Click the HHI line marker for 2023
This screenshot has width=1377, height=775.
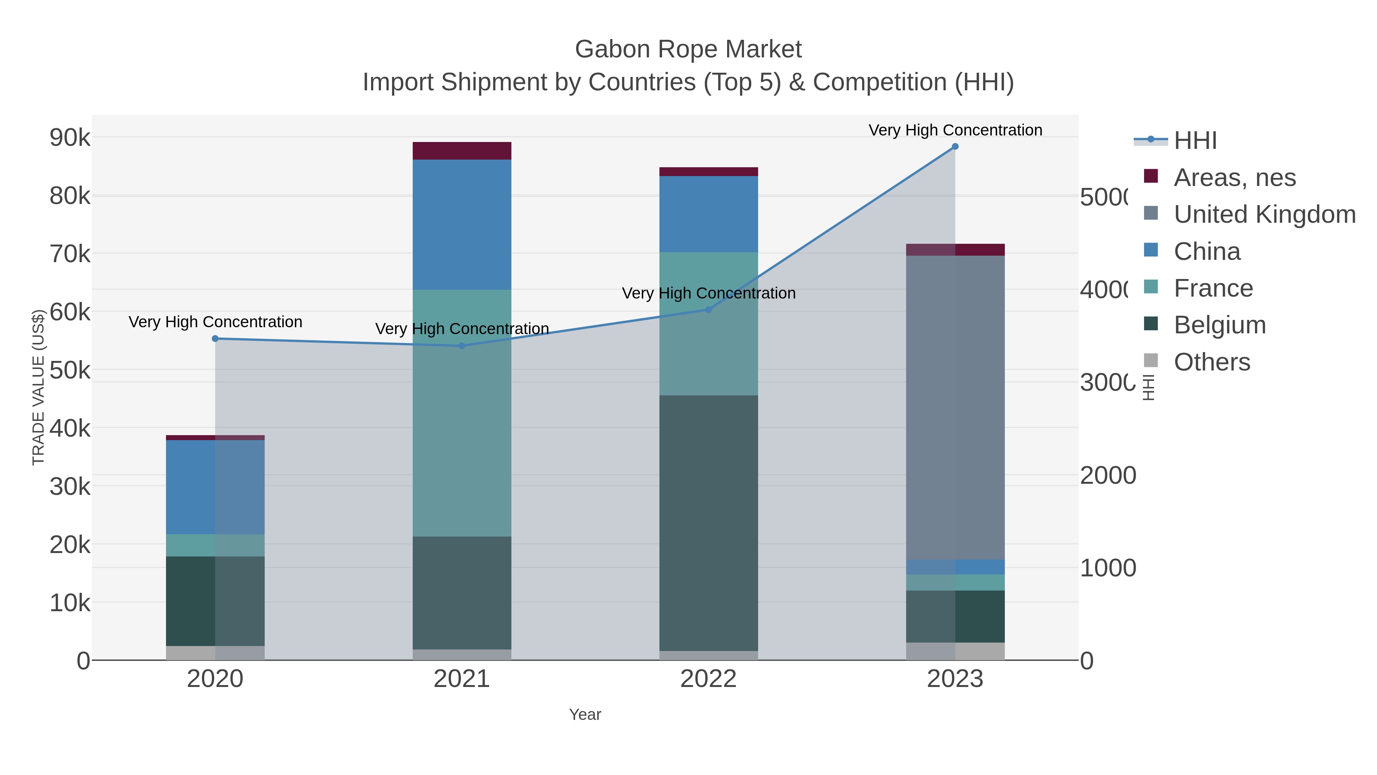(x=955, y=147)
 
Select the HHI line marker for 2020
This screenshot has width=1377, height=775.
(x=215, y=339)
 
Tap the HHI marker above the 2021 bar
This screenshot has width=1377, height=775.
(x=462, y=346)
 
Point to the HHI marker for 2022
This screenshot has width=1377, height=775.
(x=708, y=310)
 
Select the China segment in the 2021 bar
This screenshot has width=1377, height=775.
(x=462, y=225)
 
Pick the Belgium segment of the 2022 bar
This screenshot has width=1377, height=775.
(x=708, y=523)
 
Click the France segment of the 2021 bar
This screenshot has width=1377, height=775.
(x=462, y=413)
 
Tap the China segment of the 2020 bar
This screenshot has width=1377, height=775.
(x=215, y=487)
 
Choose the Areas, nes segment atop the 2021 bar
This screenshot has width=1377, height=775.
(x=462, y=151)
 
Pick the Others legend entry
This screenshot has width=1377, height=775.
(x=1212, y=362)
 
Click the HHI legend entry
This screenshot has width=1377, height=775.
(x=1195, y=141)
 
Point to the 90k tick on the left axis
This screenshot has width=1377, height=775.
(x=70, y=138)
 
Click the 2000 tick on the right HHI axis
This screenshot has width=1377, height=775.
(x=1108, y=475)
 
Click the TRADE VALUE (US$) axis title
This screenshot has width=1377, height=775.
(x=38, y=387)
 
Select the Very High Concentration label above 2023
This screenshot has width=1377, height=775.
(x=955, y=130)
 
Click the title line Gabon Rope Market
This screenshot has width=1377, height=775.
(x=688, y=49)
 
